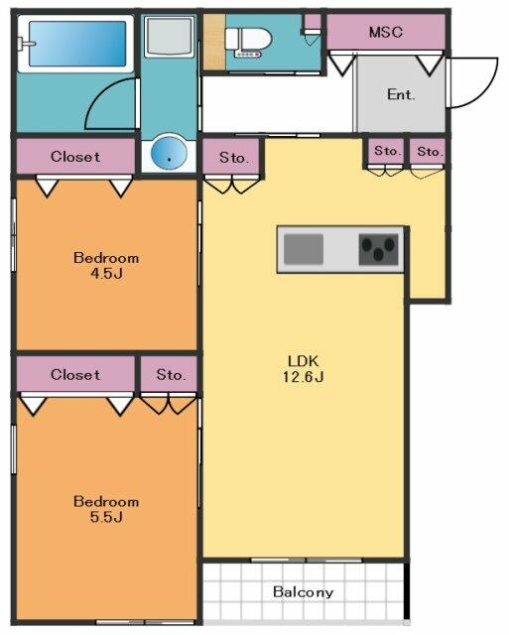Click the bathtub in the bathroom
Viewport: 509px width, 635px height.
click(76, 44)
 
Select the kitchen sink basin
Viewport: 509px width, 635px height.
click(304, 249)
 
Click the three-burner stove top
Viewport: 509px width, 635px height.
click(378, 249)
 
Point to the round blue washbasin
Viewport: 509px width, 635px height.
click(169, 153)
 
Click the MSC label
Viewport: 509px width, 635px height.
click(386, 32)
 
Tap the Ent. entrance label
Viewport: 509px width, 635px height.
click(401, 94)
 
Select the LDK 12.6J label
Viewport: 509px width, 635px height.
click(303, 368)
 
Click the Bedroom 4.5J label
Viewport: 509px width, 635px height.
click(106, 265)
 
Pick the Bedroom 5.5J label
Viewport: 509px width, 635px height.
click(106, 509)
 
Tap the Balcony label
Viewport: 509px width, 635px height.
click(303, 592)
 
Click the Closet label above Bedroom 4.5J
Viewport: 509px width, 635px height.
click(75, 157)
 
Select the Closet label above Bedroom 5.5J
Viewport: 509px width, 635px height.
click(75, 375)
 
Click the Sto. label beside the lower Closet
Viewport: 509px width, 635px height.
click(171, 375)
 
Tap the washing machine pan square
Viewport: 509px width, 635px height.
click(169, 37)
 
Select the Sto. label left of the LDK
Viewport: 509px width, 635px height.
click(233, 157)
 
